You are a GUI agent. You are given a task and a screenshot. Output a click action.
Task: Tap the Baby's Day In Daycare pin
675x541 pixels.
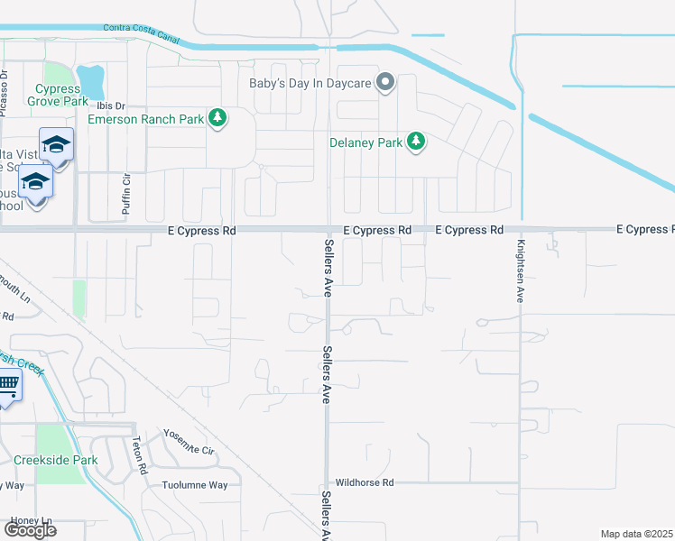(x=386, y=84)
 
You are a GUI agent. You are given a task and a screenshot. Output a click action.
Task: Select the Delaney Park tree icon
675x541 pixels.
(x=416, y=142)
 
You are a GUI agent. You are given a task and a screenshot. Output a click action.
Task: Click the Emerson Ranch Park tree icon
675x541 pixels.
(x=217, y=118)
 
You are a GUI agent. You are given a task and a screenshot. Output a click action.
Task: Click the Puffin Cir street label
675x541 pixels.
(x=125, y=195)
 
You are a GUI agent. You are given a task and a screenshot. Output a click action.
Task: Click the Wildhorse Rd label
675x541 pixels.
(x=365, y=482)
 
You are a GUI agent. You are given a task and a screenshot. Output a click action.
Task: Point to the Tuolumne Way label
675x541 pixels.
(x=194, y=484)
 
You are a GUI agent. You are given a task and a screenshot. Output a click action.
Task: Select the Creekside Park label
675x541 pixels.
(x=55, y=460)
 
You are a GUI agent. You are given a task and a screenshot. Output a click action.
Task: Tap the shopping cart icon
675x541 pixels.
(x=7, y=385)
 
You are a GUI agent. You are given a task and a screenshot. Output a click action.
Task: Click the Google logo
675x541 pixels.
(x=30, y=530)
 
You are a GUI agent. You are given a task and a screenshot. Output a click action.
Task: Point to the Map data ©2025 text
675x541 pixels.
(x=637, y=534)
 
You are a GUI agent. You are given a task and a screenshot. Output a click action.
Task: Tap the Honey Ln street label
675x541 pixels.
(x=32, y=521)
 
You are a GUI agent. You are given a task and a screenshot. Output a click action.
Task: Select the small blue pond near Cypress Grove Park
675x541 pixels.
(x=91, y=82)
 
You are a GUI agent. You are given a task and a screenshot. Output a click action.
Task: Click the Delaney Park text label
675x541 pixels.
(x=365, y=142)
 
